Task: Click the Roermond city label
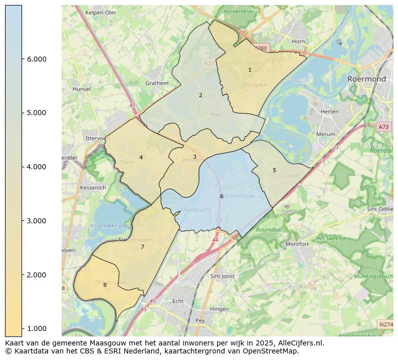(367, 79)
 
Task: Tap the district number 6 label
(222, 196)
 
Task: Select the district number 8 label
(105, 285)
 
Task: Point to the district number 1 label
(250, 70)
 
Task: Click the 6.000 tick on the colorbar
(36, 59)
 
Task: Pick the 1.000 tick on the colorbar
(36, 328)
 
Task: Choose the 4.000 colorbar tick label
(36, 167)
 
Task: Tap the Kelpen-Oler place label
(101, 13)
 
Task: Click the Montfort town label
(297, 244)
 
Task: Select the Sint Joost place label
(223, 276)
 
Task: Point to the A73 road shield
(383, 127)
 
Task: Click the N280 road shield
(260, 49)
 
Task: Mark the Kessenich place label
(93, 188)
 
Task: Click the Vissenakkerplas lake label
(110, 226)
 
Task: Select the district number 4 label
(141, 157)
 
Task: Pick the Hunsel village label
(82, 89)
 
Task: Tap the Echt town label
(178, 301)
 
